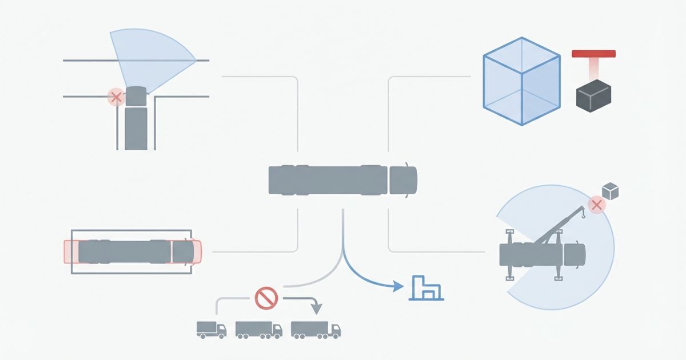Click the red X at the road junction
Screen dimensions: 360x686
[116, 98]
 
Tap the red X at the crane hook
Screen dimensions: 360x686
[596, 205]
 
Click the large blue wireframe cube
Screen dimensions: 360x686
[521, 81]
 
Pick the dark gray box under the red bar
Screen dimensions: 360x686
[593, 95]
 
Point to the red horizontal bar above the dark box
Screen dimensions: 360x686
[593, 54]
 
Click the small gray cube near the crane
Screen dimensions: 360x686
[611, 191]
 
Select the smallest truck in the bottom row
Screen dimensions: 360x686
[211, 329]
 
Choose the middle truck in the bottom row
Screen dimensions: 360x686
[258, 329]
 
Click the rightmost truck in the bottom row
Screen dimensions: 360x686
[316, 329]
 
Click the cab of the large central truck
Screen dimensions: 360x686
[403, 181]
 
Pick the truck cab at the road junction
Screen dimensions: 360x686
[136, 96]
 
